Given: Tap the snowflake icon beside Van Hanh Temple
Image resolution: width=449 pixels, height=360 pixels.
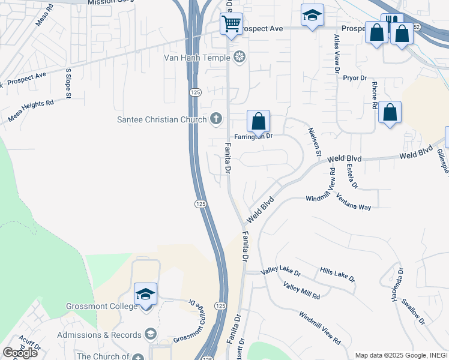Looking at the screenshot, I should click(240, 58).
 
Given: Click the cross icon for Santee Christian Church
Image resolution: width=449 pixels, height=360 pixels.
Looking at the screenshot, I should click(215, 119).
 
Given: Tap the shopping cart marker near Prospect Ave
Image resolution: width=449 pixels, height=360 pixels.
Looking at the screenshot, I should click(231, 25).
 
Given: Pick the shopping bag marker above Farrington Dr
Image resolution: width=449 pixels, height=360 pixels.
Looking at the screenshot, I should click(258, 121).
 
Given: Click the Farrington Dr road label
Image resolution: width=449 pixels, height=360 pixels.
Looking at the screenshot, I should click(253, 136).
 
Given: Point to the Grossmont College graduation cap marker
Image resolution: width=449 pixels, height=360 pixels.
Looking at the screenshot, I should click(145, 294).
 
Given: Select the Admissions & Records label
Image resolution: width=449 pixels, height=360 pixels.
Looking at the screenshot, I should click(100, 334).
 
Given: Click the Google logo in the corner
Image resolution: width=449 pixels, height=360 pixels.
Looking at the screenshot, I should click(20, 353).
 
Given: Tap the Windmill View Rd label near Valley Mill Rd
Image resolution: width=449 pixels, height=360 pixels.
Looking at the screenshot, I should click(320, 328).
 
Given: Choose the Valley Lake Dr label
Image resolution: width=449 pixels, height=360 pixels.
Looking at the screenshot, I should click(281, 272).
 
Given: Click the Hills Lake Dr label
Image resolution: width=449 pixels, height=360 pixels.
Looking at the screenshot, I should click(337, 275).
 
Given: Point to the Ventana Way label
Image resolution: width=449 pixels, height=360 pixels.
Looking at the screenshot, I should click(354, 202).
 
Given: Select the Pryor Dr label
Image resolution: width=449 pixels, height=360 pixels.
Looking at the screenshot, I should click(354, 78).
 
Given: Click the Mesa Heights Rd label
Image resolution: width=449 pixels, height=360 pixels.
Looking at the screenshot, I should click(31, 112).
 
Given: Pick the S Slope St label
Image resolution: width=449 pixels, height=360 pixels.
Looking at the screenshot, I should click(68, 83).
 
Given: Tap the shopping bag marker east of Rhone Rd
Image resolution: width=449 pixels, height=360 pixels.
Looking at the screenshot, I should click(390, 112).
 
